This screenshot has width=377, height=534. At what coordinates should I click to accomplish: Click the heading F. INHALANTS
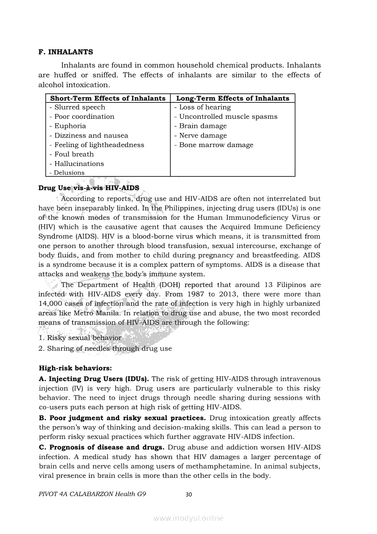(x=66, y=52)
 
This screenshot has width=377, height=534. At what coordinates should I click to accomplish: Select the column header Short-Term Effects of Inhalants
(x=108, y=98)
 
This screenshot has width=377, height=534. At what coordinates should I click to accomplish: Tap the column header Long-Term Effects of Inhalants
(x=233, y=98)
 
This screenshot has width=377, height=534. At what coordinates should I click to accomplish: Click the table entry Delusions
(x=69, y=173)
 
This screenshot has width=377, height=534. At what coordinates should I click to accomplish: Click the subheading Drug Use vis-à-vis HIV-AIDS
(x=89, y=188)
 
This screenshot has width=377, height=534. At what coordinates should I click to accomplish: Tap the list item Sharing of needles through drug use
(x=110, y=349)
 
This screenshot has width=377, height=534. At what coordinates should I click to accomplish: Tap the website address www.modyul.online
(x=188, y=518)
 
